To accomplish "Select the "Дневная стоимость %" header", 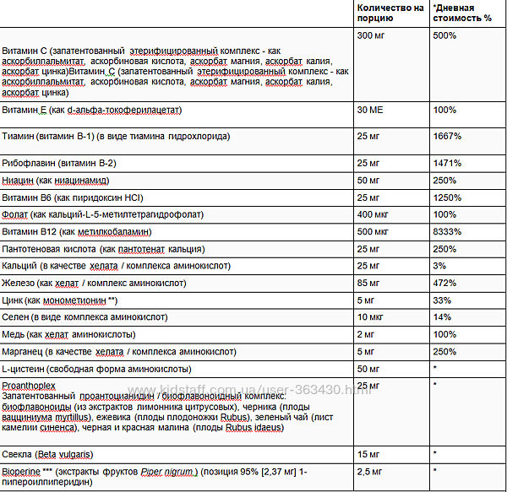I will (x=462, y=12).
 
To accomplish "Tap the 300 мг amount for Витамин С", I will (x=372, y=36).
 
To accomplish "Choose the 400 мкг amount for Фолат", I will (x=374, y=214).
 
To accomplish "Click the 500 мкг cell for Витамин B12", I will (x=374, y=231).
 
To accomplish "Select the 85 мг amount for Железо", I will (x=369, y=282).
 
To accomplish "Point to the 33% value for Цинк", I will (x=441, y=299).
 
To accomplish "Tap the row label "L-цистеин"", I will (x=26, y=368).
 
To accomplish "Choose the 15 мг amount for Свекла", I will (x=369, y=452).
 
